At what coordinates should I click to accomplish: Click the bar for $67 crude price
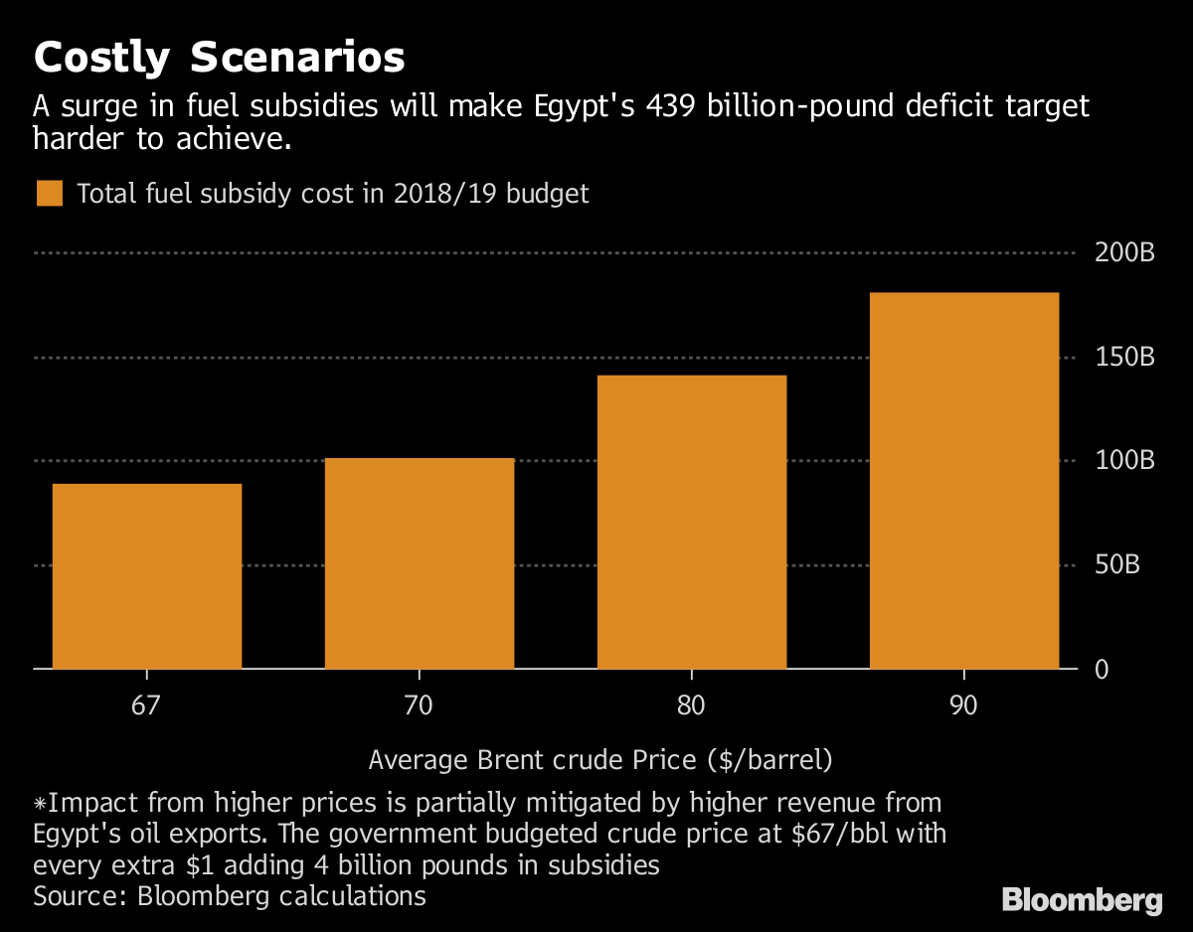(x=146, y=576)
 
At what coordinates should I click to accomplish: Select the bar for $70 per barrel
(x=419, y=563)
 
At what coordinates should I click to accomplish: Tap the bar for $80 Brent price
(x=691, y=522)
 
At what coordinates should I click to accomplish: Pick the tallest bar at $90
(x=963, y=481)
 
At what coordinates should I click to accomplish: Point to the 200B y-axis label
(x=1124, y=253)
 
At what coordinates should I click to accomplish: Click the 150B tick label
(x=1124, y=357)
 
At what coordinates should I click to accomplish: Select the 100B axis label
(x=1124, y=461)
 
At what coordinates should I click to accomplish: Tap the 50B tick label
(x=1131, y=565)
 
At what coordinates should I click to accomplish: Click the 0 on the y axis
(x=1102, y=670)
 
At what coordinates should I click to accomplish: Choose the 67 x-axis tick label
(x=146, y=706)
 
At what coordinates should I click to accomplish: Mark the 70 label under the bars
(x=419, y=706)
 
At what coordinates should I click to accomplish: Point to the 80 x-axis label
(x=691, y=706)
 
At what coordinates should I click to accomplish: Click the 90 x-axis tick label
(x=963, y=706)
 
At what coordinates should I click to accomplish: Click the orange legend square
(x=50, y=193)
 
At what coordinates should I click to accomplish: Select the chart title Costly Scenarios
(x=219, y=59)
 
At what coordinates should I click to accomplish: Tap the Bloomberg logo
(x=1082, y=901)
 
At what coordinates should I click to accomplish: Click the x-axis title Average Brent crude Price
(x=600, y=761)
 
